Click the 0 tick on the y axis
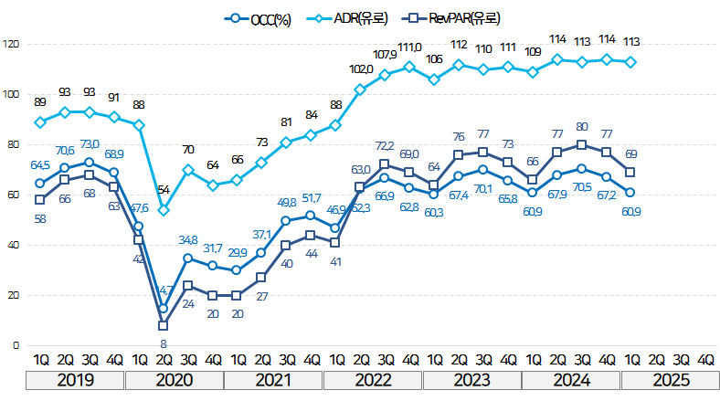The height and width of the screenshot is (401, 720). pyautogui.click(x=15, y=345)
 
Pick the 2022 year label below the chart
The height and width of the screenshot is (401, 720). pyautogui.click(x=374, y=379)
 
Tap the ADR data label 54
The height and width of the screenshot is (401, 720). pyautogui.click(x=163, y=190)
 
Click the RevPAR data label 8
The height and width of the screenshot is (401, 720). pyautogui.click(x=163, y=343)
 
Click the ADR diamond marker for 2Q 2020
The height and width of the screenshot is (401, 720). pyautogui.click(x=163, y=210)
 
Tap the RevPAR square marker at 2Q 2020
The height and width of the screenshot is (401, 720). pyautogui.click(x=163, y=325)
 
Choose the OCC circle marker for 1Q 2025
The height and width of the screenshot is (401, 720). pyautogui.click(x=630, y=192)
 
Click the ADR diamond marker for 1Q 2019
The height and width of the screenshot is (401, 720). pyautogui.click(x=39, y=122)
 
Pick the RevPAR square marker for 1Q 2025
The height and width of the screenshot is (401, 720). pyautogui.click(x=630, y=172)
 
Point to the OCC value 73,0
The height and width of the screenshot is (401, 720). pyautogui.click(x=89, y=144)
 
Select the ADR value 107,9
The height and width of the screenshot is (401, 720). pyautogui.click(x=384, y=56)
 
